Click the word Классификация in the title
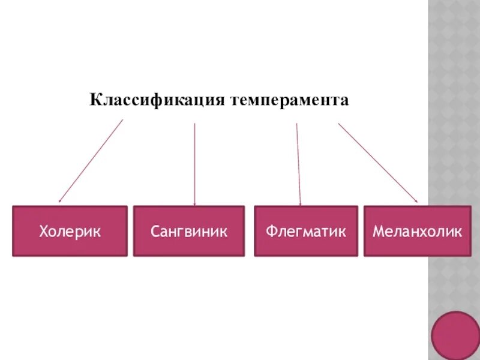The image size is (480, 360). click(x=157, y=100)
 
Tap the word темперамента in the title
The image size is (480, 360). click(x=289, y=100)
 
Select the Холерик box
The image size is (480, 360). click(x=70, y=231)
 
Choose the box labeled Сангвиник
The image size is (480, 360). click(x=189, y=231)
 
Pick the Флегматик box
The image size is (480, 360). click(x=306, y=231)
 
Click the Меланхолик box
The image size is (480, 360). click(x=417, y=231)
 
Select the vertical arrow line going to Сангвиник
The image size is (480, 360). click(x=194, y=162)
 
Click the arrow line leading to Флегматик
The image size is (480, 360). click(x=298, y=162)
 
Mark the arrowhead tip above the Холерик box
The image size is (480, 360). click(x=59, y=202)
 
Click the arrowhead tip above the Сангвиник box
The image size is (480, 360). click(x=194, y=204)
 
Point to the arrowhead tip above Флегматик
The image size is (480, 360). click(x=300, y=204)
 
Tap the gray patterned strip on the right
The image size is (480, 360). click(x=454, y=150)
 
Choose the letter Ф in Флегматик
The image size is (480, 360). click(x=272, y=231)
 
